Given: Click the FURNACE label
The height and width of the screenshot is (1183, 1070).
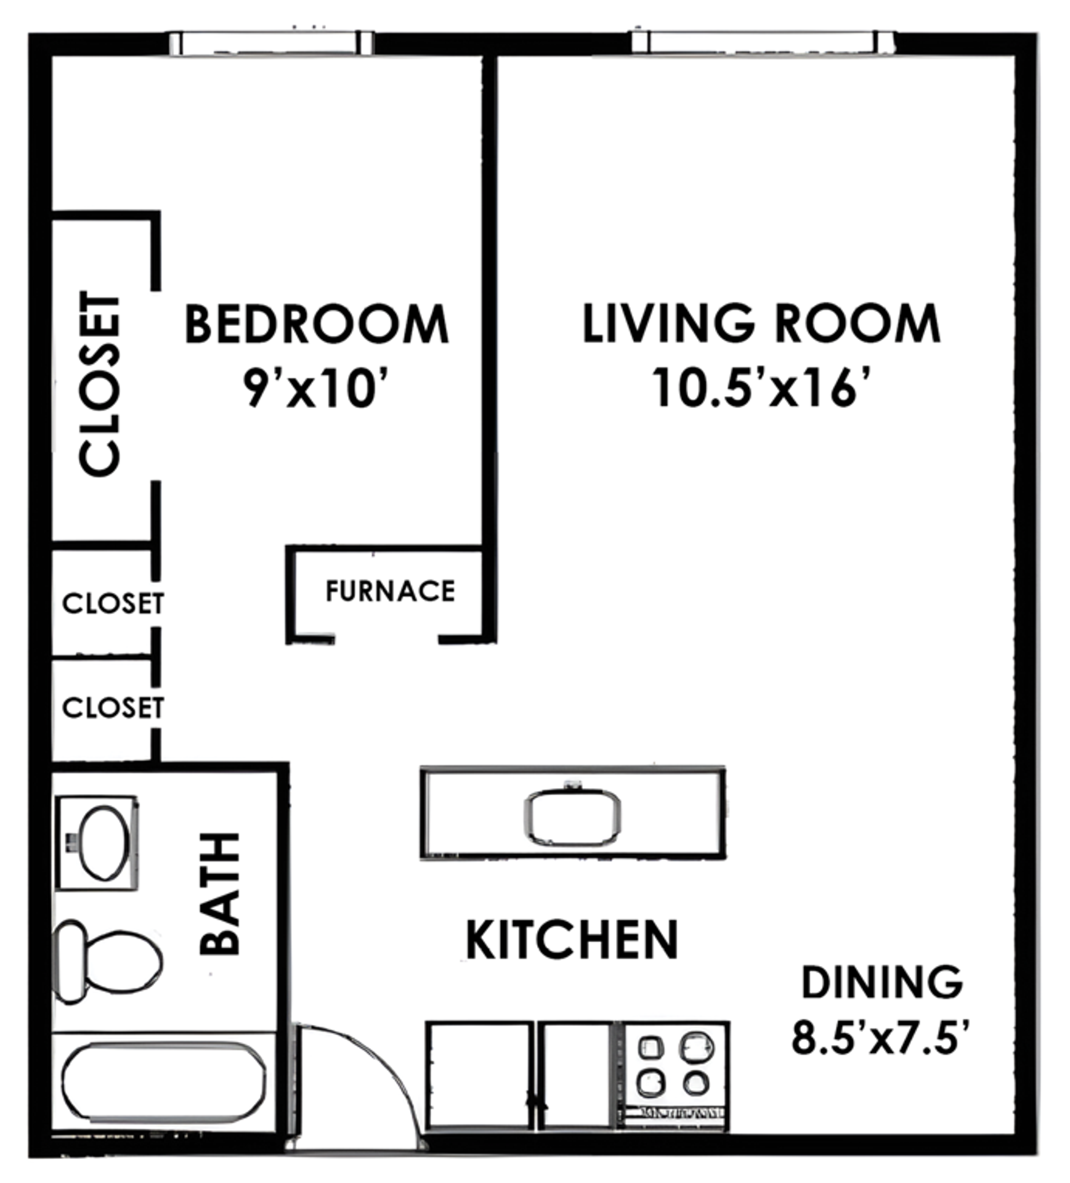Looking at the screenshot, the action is pos(390,591).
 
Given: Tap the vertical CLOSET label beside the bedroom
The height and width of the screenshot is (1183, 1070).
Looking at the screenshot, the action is pos(100,384).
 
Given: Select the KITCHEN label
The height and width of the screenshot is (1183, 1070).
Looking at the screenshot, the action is pos(572,940).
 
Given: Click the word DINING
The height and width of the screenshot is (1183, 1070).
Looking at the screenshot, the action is pos(882,983).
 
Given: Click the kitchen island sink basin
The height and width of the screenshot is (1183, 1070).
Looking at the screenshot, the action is pos(572,818).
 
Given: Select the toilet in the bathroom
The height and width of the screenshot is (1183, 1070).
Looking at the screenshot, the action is pos(108,962).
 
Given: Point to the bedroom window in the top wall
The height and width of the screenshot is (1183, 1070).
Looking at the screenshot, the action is pos(271,43).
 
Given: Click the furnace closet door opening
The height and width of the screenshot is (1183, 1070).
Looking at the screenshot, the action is pos(387,638).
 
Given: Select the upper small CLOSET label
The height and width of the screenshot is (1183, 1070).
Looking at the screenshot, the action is pos(113,603).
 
